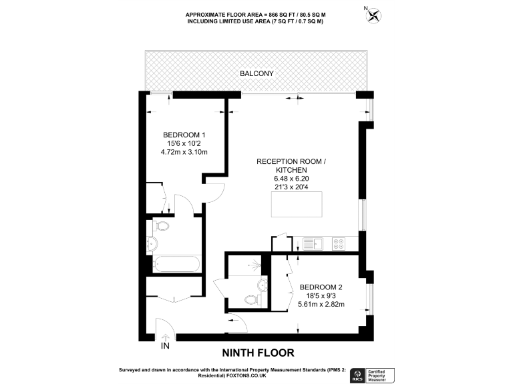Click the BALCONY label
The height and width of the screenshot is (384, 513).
pyautogui.click(x=257, y=73)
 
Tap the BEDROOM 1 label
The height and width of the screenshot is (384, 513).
pyautogui.click(x=184, y=134)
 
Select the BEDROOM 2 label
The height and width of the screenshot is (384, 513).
pyautogui.click(x=321, y=287)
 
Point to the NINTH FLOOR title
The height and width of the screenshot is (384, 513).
pyautogui.click(x=257, y=352)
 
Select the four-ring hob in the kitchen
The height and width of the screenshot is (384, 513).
pyautogui.click(x=338, y=243)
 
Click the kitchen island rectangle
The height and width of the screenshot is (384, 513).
pyautogui.click(x=297, y=204)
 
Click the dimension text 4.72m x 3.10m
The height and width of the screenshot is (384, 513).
pyautogui.click(x=184, y=152)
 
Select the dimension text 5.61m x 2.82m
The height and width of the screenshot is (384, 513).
pyautogui.click(x=321, y=305)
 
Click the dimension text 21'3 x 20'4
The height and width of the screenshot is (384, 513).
pyautogui.click(x=292, y=187)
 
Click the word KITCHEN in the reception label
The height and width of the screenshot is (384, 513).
pyautogui.click(x=292, y=170)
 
